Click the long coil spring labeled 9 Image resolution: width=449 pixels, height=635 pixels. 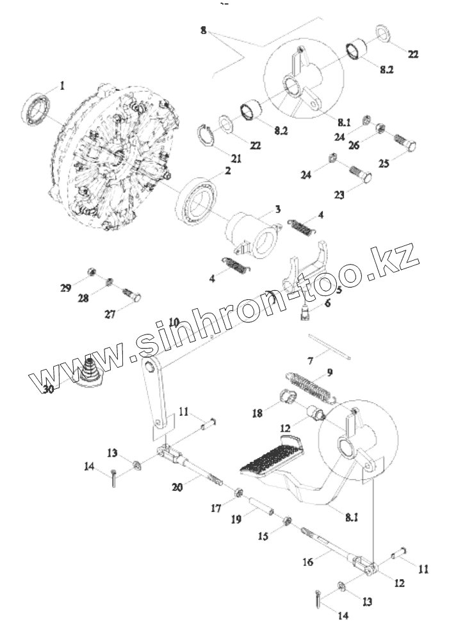327,347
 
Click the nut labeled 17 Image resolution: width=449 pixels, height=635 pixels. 235,493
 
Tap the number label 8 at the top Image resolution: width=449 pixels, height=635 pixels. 203,30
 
